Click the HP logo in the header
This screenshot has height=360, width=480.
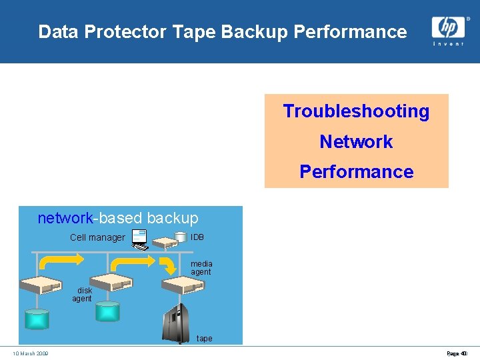pos(447,27)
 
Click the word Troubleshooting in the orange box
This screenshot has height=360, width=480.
pos(356,111)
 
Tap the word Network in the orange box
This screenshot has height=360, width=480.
pos(356,142)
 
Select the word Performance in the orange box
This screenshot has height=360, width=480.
pos(356,172)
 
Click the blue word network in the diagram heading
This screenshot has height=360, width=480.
pos(64,218)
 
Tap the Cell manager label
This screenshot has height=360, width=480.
pos(97,238)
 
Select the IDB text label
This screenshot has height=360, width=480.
pos(197,237)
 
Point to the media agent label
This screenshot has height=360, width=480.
pos(201,268)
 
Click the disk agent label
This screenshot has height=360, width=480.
pos(83,295)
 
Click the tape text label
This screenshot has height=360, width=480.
pos(204,339)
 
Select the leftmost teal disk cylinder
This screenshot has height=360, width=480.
pos(37,319)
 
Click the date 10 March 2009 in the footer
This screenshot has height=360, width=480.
pos(30,353)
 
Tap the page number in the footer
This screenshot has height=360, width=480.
pos(457,353)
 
